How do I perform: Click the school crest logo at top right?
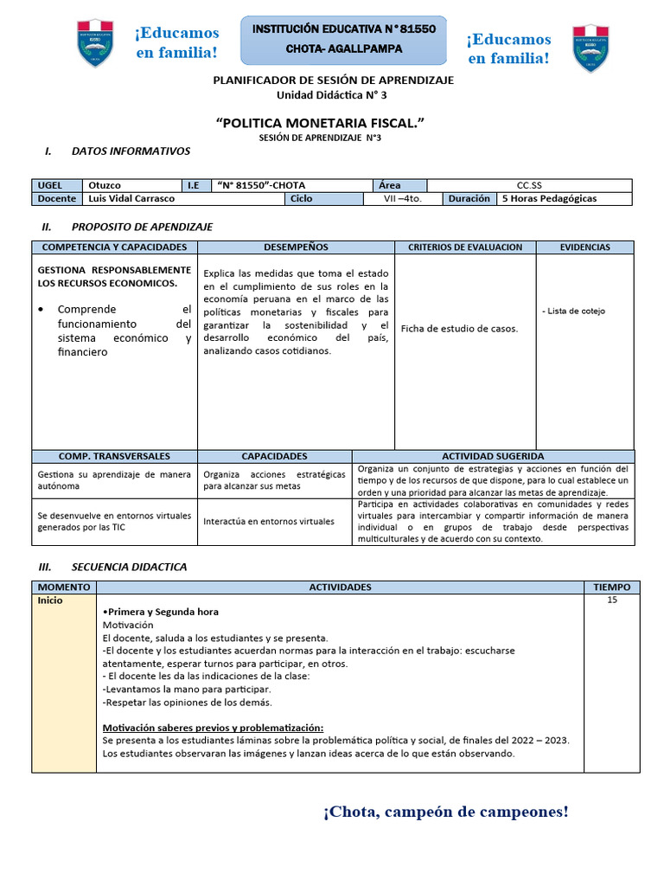tap(591, 48)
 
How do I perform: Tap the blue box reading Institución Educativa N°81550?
tap(343, 40)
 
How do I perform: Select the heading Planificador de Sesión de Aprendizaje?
tap(333, 80)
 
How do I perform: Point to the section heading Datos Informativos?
tap(131, 151)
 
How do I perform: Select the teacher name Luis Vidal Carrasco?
tap(131, 198)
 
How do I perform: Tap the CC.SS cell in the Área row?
tap(529, 185)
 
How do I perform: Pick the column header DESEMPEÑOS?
tap(296, 247)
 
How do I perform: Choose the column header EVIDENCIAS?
tap(584, 247)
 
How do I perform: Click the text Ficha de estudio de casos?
tap(459, 329)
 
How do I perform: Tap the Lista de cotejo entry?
tap(573, 311)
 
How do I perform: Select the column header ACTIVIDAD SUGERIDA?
tap(493, 456)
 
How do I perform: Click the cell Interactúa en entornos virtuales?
tap(268, 522)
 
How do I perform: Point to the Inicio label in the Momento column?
tap(49, 600)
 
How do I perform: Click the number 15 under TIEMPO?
tap(612, 600)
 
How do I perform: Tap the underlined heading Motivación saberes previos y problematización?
tap(213, 728)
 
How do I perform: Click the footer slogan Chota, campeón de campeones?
tap(446, 812)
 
